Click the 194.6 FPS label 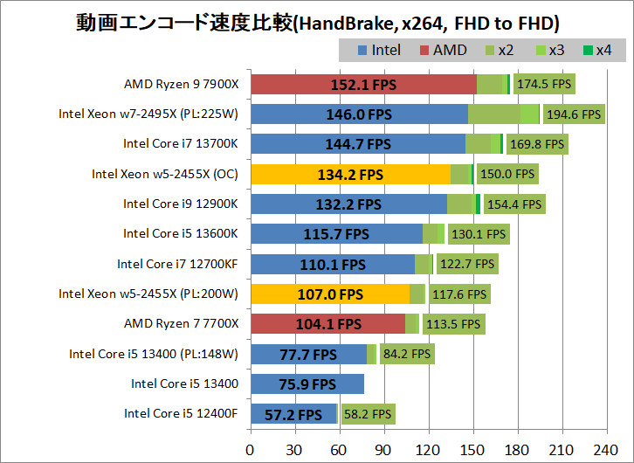[x=574, y=114]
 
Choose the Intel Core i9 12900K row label [x=180, y=204]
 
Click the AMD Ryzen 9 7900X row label [x=181, y=85]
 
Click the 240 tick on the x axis [x=606, y=449]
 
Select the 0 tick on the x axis [x=251, y=449]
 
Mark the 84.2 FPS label [x=408, y=354]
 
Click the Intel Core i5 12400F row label [x=180, y=413]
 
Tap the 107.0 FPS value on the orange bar [x=330, y=294]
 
